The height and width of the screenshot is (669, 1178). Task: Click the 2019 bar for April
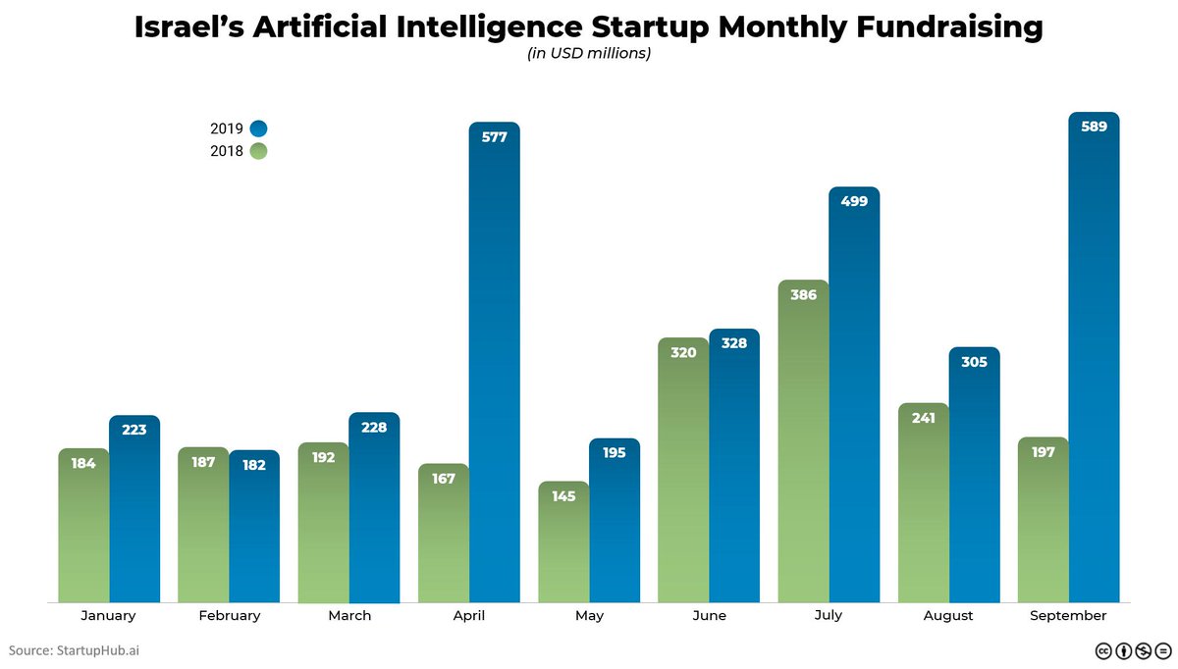[x=494, y=373]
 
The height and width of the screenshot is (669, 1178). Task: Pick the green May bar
[x=563, y=549]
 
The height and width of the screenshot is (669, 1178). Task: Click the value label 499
[x=854, y=201]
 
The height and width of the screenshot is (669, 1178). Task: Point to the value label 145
[x=563, y=496]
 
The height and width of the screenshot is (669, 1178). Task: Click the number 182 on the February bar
[x=254, y=465]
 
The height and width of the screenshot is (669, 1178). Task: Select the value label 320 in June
[x=683, y=352]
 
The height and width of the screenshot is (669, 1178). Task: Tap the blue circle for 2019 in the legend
[x=258, y=129]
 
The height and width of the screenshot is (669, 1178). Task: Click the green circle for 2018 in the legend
[x=258, y=151]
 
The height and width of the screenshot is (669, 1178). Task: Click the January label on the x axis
[x=108, y=616]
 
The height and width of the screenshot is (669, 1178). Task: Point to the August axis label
[x=948, y=616]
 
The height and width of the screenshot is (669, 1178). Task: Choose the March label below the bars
[x=349, y=616]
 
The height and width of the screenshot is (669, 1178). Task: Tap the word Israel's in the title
[x=188, y=27]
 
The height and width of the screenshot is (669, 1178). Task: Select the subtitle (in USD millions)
[x=589, y=54]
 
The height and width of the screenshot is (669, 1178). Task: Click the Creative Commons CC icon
[x=1102, y=650]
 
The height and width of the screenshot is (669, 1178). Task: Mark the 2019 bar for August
[x=974, y=481]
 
